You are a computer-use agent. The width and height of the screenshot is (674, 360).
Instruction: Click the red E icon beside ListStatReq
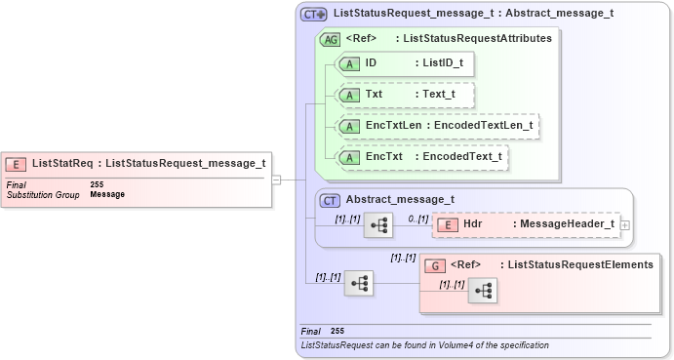click(x=17, y=164)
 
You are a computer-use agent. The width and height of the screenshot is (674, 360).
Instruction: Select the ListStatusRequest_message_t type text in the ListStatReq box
click(x=185, y=164)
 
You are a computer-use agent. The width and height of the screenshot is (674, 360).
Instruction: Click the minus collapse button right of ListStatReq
click(x=277, y=180)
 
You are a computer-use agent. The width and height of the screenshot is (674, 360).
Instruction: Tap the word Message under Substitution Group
click(x=107, y=194)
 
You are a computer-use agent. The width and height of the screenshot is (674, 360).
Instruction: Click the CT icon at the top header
click(x=313, y=15)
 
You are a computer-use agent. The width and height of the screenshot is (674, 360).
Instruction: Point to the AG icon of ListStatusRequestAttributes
click(x=330, y=39)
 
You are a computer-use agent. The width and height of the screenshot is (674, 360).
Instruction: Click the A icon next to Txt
click(x=349, y=95)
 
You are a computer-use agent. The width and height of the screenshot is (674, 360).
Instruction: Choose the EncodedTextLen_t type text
click(x=483, y=126)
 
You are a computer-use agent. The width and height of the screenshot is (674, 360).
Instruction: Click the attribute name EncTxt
click(x=384, y=156)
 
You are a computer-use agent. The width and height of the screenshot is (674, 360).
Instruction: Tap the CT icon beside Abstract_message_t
click(x=330, y=200)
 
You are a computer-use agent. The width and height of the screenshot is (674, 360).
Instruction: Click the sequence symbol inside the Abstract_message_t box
click(x=377, y=226)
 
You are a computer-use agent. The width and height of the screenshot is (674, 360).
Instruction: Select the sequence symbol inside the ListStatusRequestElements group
click(x=482, y=290)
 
